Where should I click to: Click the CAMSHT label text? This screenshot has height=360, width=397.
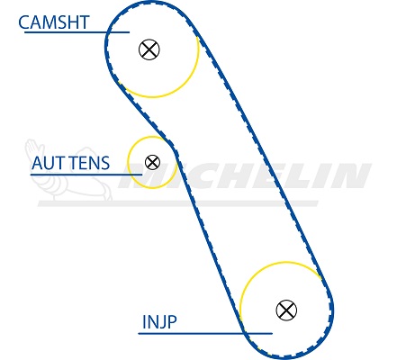(x=54, y=22)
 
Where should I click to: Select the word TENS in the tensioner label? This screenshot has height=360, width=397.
(x=90, y=163)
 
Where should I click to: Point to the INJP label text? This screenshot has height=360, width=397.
(x=159, y=322)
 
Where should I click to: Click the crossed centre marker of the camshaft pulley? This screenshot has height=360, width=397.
(x=149, y=49)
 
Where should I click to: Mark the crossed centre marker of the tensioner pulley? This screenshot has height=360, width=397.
(x=152, y=162)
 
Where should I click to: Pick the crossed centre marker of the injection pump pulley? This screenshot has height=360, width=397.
(x=286, y=310)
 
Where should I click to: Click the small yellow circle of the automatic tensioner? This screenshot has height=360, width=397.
(x=129, y=162)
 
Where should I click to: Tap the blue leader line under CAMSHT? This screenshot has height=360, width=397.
(x=77, y=31)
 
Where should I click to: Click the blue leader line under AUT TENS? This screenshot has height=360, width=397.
(x=86, y=175)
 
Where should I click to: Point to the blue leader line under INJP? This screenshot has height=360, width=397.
(x=205, y=333)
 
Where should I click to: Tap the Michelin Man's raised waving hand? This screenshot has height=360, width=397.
(x=33, y=148)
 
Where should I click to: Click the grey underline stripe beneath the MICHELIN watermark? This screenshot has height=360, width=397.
(x=177, y=203)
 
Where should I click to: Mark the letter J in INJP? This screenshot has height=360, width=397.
(x=161, y=322)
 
